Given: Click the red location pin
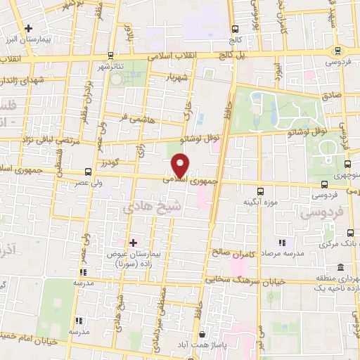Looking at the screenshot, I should point(181,165).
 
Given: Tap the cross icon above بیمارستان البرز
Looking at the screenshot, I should point(28,28).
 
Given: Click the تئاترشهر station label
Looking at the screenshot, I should point(110,65).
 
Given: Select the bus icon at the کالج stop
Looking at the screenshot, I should point(234,30).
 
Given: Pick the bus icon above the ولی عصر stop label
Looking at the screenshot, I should point(87,172).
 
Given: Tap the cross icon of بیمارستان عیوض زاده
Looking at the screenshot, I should point(133,242).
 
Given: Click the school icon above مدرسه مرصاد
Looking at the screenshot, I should point(281,243).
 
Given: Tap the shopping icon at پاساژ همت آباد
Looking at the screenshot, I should point(202,335).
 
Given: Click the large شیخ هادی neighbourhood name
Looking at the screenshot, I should point(143,209).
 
